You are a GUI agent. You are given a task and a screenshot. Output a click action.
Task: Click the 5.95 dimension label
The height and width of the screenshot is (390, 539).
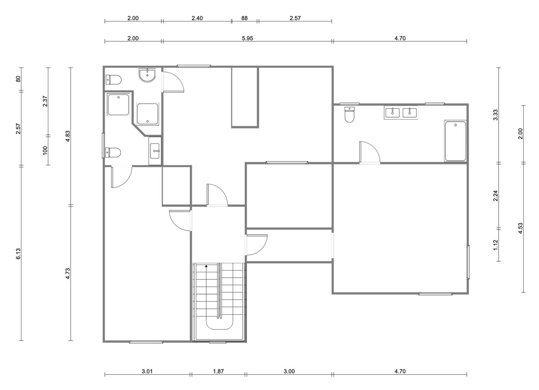coord(247,38)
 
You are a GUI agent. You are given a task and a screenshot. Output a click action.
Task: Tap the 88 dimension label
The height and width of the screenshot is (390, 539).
coord(244,18)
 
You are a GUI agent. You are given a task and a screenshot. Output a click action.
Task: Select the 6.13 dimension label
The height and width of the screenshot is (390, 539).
coord(19,254)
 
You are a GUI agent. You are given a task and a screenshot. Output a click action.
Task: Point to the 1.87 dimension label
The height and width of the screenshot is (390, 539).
coord(218,371)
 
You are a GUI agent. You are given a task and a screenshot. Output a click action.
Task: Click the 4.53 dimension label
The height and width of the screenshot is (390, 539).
coord(520,228)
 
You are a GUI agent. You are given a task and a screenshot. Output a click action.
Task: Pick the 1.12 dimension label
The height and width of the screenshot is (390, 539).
coord(496,245)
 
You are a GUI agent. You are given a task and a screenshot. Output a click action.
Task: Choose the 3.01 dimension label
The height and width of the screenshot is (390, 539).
coord(147,371)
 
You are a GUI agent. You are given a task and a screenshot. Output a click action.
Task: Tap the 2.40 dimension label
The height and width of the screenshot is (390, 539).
coord(197,18)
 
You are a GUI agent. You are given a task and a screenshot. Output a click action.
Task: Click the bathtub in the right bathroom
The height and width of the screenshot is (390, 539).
coord(455,141)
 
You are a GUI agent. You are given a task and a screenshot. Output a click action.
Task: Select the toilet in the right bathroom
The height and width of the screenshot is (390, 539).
coord(349,114)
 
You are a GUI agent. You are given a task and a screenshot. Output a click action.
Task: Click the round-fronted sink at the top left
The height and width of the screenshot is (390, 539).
coord(147,75)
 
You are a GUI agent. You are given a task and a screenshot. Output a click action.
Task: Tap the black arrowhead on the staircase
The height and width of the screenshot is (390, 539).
coord(206,266)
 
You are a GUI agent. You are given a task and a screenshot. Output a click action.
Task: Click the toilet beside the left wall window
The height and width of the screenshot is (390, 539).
coord(113,152)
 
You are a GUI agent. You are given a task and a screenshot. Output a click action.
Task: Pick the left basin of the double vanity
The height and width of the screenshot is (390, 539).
coord(392,112)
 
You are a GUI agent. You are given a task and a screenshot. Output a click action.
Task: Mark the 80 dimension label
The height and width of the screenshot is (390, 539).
coord(19,79)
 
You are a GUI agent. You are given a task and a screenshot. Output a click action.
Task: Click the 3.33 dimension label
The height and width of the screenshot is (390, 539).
coord(496,115)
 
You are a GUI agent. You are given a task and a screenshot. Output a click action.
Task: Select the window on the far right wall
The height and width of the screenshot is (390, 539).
coord(468,262)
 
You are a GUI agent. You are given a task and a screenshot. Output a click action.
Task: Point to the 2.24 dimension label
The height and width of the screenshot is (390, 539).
coord(496,196)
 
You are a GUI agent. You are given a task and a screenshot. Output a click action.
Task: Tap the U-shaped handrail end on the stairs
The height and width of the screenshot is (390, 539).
coord(219,324)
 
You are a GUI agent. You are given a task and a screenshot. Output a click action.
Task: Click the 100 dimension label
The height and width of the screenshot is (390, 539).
coord(45,151)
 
